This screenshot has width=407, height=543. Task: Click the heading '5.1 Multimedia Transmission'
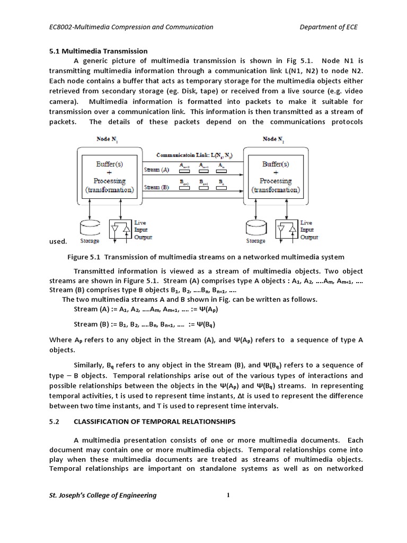(x=98, y=51)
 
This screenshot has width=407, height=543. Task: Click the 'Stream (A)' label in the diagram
(x=157, y=170)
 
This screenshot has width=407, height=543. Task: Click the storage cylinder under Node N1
(x=89, y=228)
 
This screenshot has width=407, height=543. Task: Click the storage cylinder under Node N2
(x=255, y=228)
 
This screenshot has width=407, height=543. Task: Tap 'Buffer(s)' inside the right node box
(x=276, y=164)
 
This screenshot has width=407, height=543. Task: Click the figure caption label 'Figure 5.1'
(x=84, y=257)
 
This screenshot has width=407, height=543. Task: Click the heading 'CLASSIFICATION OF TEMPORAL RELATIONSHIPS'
(x=154, y=422)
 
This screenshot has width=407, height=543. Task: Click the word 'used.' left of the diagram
(x=58, y=241)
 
